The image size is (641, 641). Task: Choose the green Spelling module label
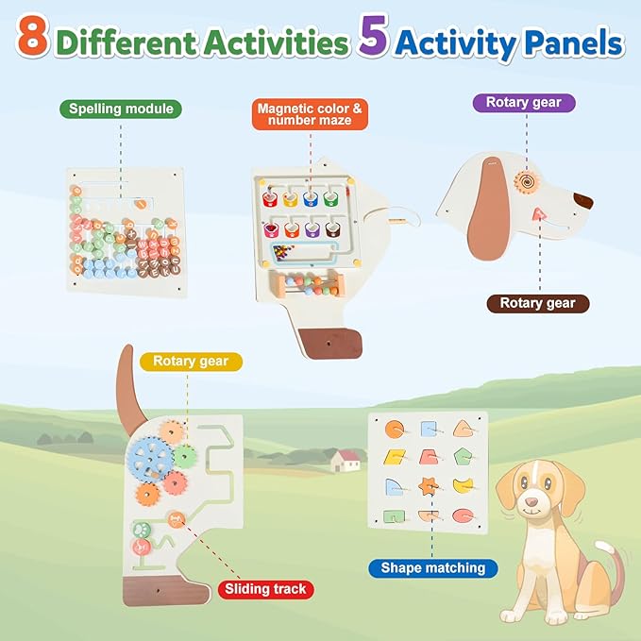click(x=121, y=109)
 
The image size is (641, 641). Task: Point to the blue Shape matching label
click(x=433, y=567)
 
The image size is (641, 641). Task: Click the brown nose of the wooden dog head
click(x=583, y=200)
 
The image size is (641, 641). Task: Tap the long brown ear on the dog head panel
click(x=489, y=217)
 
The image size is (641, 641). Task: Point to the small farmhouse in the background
click(x=346, y=460)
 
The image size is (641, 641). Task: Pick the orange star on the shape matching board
click(x=430, y=488)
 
